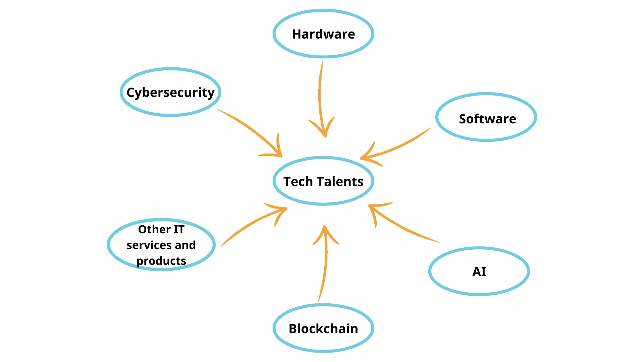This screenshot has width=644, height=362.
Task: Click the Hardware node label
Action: pyautogui.click(x=323, y=34)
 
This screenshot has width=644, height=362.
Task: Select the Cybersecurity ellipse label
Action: pyautogui.click(x=170, y=93)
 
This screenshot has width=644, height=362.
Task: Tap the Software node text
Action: pyautogui.click(x=487, y=119)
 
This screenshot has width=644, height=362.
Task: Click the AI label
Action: pyautogui.click(x=479, y=271)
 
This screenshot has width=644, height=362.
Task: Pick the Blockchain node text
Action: pyautogui.click(x=323, y=329)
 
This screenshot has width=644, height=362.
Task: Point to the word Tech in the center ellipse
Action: pyautogui.click(x=298, y=182)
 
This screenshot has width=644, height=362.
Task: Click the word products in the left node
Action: pyautogui.click(x=161, y=261)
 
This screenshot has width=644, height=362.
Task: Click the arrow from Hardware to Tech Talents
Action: pyautogui.click(x=319, y=97)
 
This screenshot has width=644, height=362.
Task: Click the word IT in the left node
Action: pyautogui.click(x=179, y=230)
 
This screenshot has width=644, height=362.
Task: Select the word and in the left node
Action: pyautogui.click(x=185, y=245)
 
